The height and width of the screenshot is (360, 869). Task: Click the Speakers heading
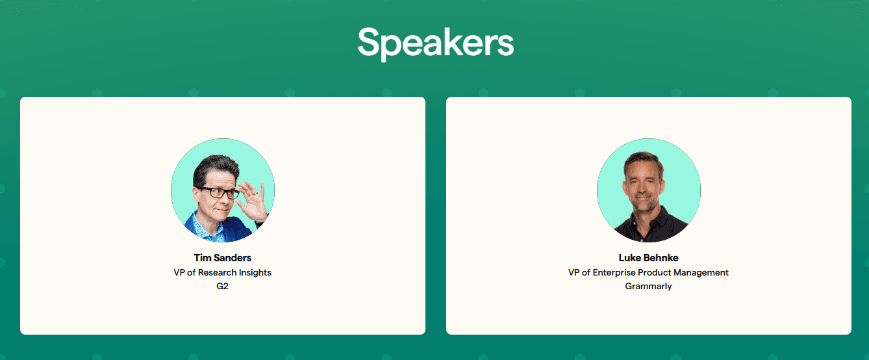(435, 42)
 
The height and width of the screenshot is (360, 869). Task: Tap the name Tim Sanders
(222, 258)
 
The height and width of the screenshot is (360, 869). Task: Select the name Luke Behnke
(648, 258)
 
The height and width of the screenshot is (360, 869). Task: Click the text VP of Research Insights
(222, 272)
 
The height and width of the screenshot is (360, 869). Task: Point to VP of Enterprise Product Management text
(648, 272)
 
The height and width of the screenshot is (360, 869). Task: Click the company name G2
(222, 286)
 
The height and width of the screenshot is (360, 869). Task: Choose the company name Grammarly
(648, 286)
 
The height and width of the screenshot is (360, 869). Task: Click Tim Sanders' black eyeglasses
(218, 192)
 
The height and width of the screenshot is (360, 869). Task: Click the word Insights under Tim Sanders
(255, 272)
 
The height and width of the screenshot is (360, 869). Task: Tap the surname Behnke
(661, 258)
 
